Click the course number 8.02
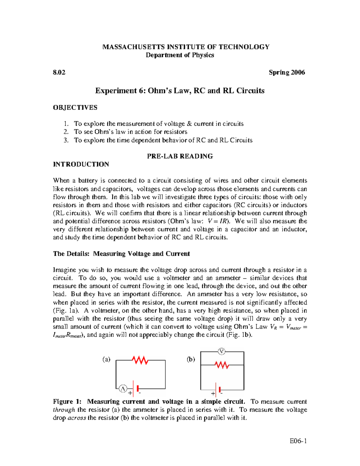pyautogui.click(x=59, y=72)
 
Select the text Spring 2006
pyautogui.click(x=287, y=72)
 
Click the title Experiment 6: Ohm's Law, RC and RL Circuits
pyautogui.click(x=180, y=91)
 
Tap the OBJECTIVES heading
pyautogui.click(x=75, y=107)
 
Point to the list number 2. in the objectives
pyautogui.click(x=66, y=132)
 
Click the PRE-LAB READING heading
pyautogui.click(x=180, y=156)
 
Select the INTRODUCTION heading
pyautogui.click(x=81, y=164)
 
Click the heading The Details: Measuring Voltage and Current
pyautogui.click(x=121, y=254)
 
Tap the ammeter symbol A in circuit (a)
pyautogui.click(x=123, y=389)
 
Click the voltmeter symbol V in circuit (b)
pyautogui.click(x=221, y=351)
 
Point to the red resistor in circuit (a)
pyautogui.click(x=140, y=360)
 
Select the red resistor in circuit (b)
pyautogui.click(x=222, y=365)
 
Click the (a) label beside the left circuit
pyautogui.click(x=106, y=359)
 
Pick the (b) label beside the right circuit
pyautogui.click(x=191, y=359)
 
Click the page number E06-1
pyautogui.click(x=298, y=441)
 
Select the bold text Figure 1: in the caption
pyautogui.click(x=67, y=401)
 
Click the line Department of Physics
pyautogui.click(x=180, y=55)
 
